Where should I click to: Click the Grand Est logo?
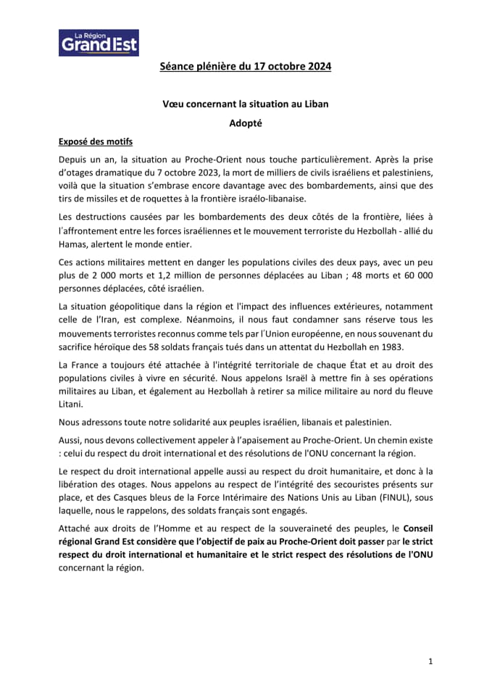tap(99, 43)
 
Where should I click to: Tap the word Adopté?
tap(246, 123)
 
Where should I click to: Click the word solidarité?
tap(193, 422)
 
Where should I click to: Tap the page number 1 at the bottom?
tap(430, 662)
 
